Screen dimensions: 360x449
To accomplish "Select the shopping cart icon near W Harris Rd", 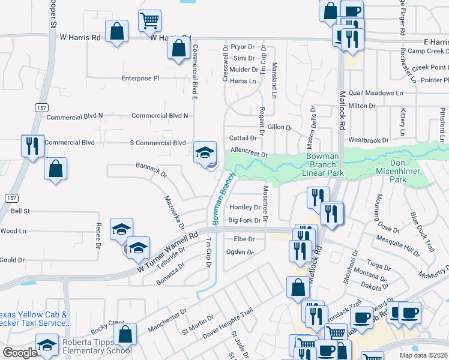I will (149, 21).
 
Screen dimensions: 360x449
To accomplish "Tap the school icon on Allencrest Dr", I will (205, 152).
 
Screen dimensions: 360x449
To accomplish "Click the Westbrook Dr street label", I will (368, 140).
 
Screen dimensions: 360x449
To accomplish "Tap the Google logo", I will (19, 353).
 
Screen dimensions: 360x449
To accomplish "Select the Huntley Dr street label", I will (244, 207).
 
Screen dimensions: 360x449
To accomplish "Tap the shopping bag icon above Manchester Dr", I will (126, 334).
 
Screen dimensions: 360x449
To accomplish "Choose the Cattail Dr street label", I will (243, 138).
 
